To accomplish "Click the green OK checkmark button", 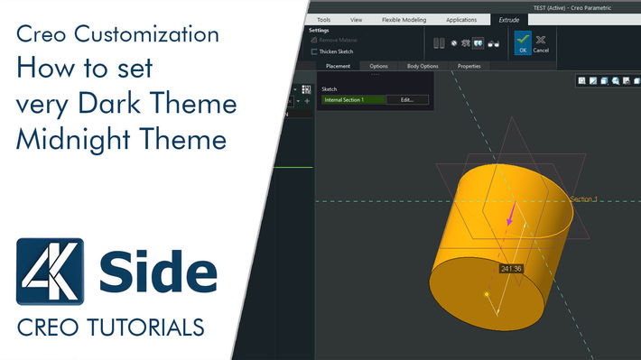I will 522,42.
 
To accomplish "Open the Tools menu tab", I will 323,19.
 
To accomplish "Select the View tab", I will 356,19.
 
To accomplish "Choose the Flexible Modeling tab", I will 404,19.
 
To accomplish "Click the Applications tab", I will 461,19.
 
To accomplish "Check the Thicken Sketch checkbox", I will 313,51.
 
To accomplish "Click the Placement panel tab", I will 338,66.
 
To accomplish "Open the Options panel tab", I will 378,66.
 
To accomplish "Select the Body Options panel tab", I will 423,66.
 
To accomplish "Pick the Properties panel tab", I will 469,66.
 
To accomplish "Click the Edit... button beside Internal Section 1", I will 407,99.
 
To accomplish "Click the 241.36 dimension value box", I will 512,268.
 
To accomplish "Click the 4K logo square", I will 51,271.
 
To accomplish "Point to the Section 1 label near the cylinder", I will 582,198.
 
